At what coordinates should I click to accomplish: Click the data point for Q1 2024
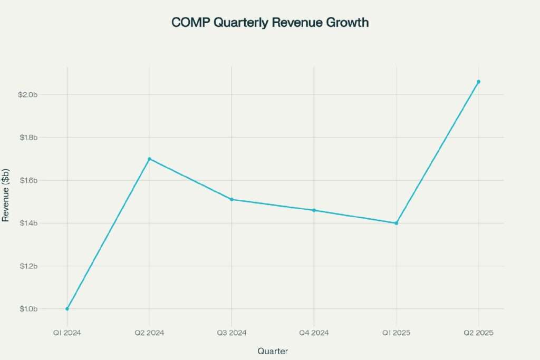click(67, 309)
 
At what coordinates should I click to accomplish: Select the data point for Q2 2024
click(149, 159)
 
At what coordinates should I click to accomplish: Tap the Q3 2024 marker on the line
click(232, 200)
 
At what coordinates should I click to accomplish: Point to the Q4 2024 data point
click(314, 210)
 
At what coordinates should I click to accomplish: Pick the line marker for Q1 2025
click(396, 223)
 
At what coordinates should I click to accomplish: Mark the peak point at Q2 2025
click(478, 82)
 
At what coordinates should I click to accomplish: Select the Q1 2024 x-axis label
click(67, 333)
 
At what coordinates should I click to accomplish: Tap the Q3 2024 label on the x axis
click(232, 333)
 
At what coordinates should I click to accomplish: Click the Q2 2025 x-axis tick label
click(478, 333)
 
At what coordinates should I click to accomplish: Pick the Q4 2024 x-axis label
click(314, 333)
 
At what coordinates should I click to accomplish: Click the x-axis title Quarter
click(273, 351)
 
